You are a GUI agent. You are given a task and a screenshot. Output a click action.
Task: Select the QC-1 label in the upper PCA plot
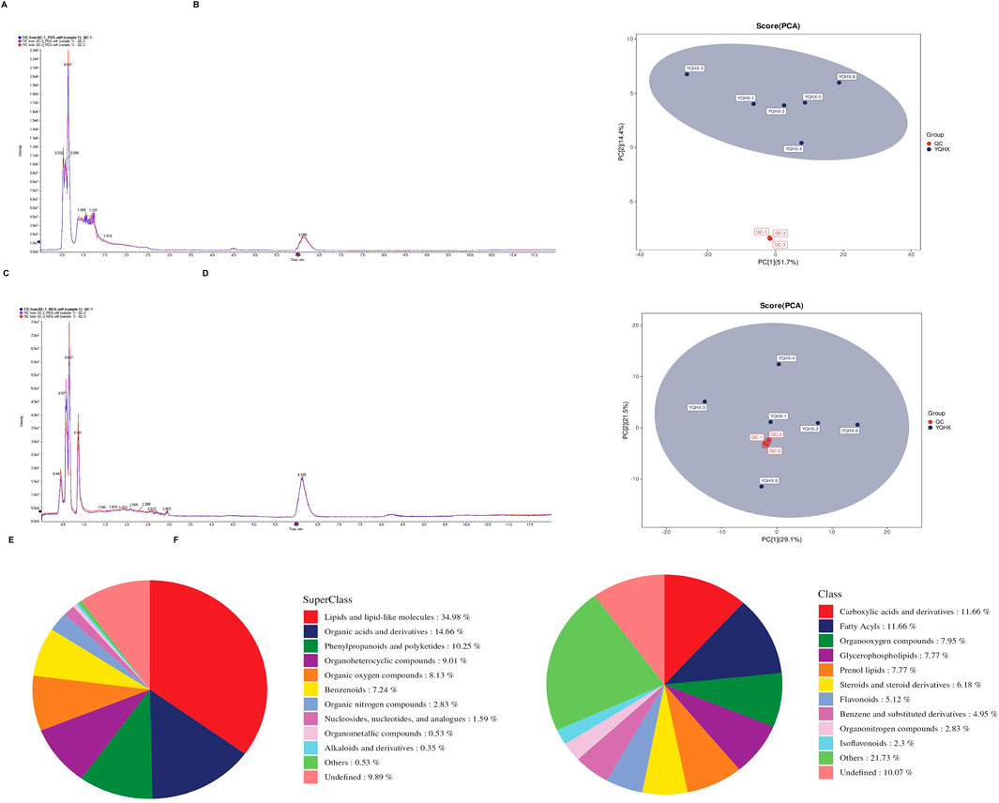click(761, 231)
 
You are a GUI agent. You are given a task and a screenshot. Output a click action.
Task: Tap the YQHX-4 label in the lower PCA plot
click(786, 357)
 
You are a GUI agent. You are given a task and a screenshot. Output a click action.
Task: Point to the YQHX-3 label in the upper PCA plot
click(694, 68)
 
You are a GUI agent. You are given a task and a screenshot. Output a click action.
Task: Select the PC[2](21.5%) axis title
click(623, 427)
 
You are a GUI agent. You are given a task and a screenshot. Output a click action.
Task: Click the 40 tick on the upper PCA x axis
click(911, 254)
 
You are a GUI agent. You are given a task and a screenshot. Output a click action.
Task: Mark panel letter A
click(6, 6)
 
